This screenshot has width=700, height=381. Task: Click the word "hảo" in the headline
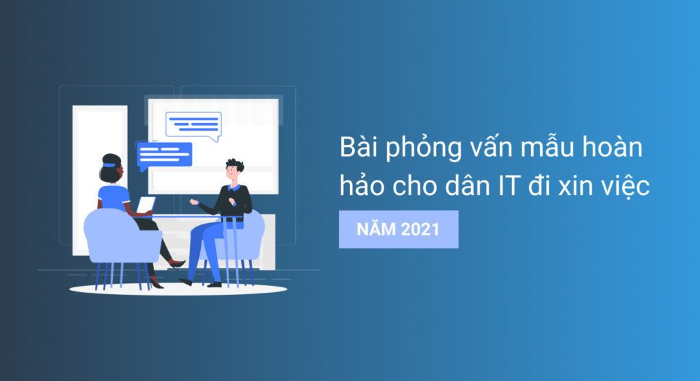point(360,185)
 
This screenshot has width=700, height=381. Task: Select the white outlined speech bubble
point(193,124)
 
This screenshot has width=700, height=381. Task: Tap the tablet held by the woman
point(146,204)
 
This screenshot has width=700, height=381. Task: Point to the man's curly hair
point(234,166)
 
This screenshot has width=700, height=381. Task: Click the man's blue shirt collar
point(234,187)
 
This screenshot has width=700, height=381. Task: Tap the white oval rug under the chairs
point(178,289)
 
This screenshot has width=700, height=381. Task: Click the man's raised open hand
point(193,202)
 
